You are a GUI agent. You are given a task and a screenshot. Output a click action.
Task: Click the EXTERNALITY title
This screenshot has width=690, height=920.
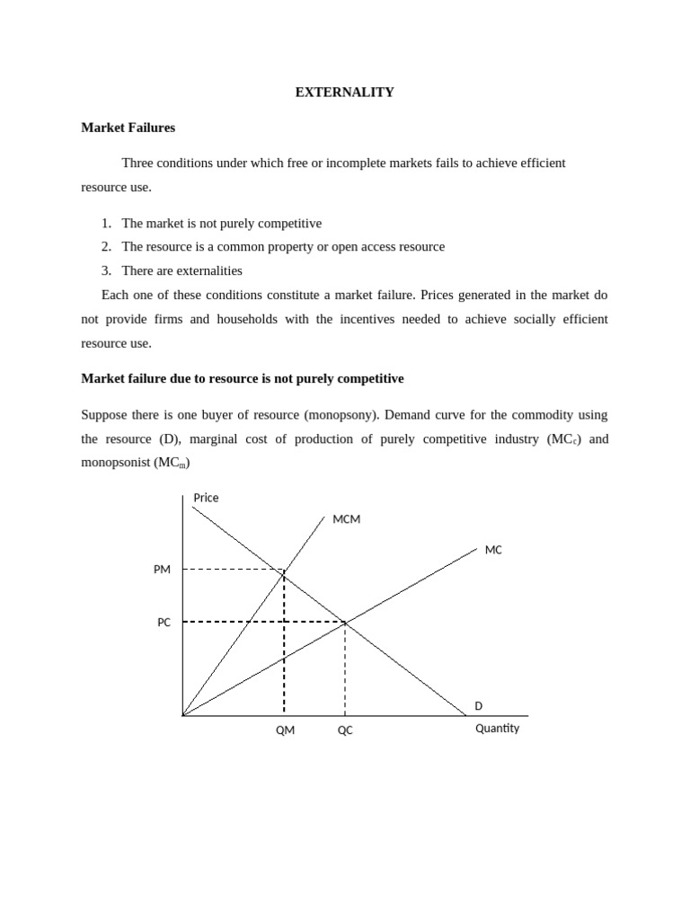coord(344,93)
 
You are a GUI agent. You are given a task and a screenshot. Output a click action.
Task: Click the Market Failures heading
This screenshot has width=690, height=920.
coord(128,128)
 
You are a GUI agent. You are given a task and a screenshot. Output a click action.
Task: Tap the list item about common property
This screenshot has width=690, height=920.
coord(283,246)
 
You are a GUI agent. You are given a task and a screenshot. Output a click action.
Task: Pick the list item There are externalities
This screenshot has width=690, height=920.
coord(181,270)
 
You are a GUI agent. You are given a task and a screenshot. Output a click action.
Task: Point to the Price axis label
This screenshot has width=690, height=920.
coord(206,498)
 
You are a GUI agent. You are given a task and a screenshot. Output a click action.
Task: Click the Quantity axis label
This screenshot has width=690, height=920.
coord(497,729)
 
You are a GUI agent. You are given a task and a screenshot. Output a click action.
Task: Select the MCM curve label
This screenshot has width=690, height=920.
coord(346,519)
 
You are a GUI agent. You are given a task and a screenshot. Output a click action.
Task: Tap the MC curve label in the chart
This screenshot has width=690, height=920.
coord(493,550)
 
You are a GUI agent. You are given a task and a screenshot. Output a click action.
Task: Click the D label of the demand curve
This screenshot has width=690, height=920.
coord(479,706)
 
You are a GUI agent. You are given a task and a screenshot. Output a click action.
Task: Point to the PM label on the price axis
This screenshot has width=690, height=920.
coord(162,570)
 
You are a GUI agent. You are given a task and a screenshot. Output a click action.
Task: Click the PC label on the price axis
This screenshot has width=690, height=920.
coord(164,622)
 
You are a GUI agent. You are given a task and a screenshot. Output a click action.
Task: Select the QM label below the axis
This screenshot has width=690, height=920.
coord(285,730)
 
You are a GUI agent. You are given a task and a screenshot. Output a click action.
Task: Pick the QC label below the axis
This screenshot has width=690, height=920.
coord(345,730)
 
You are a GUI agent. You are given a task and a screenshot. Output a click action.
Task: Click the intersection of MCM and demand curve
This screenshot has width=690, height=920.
coord(284,570)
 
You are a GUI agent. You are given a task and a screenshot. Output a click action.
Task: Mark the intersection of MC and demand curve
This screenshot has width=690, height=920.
coord(345,622)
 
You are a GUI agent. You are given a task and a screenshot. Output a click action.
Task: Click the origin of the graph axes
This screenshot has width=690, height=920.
coord(183,716)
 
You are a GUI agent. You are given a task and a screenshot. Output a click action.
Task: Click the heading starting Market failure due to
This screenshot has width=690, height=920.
coord(243,379)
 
